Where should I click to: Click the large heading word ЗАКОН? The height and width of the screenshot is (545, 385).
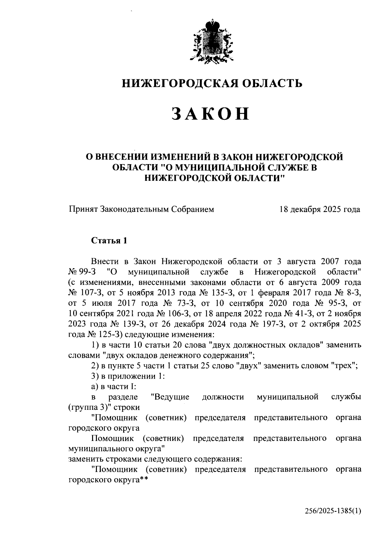coord(210,114)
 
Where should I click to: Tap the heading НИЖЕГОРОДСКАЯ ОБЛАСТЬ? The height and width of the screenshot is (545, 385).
coord(212,84)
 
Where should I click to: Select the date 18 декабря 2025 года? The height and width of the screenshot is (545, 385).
coord(320,210)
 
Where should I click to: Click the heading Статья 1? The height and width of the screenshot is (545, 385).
coord(109,241)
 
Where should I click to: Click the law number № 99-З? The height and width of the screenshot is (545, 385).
coord(82,272)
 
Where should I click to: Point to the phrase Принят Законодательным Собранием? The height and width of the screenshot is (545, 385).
coord(141,210)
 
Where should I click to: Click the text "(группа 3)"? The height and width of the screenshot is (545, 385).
coord(88,408)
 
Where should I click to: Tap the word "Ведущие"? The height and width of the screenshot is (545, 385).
coord(170,397)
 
